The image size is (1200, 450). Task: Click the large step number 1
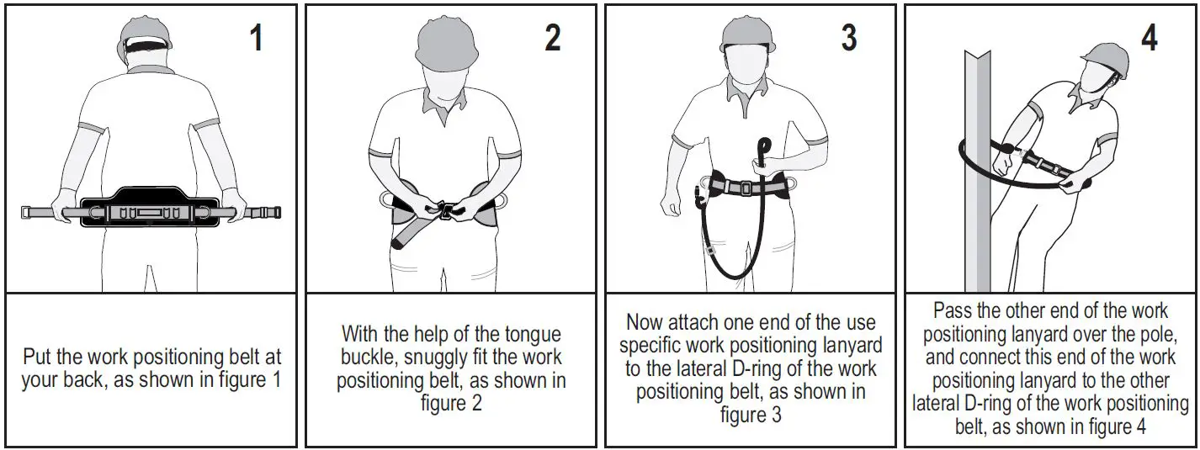click(256, 39)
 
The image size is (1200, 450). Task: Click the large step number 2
click(552, 39)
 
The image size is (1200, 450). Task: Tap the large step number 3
click(849, 39)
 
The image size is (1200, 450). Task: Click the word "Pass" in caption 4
click(953, 310)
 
